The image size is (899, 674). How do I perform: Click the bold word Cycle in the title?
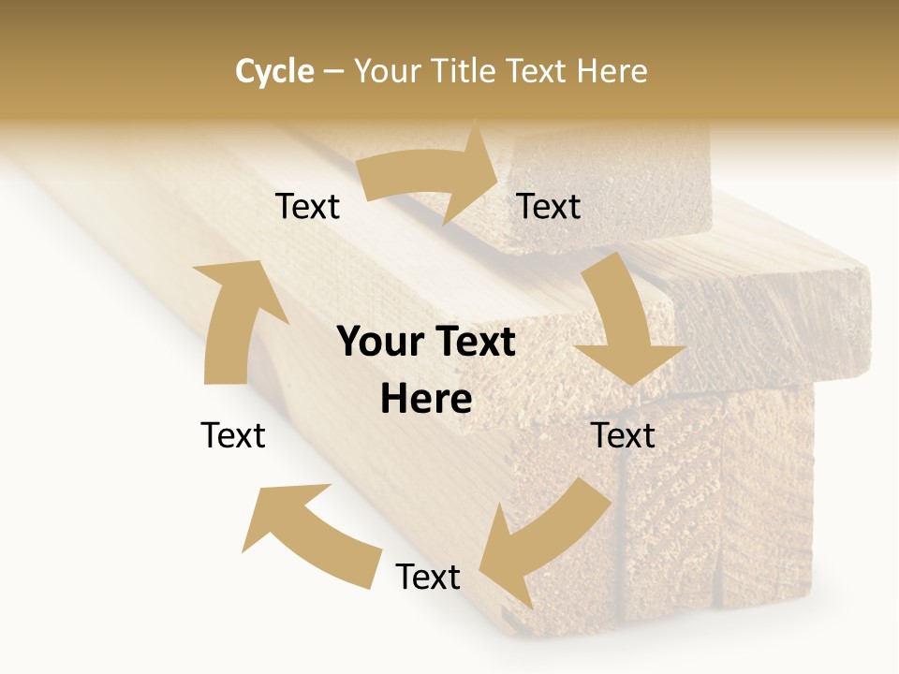(274, 71)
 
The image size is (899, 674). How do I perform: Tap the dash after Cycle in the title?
(333, 71)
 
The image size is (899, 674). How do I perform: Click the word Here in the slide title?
(613, 71)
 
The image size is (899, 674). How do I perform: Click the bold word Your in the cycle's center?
(380, 342)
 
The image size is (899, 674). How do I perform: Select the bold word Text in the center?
(474, 342)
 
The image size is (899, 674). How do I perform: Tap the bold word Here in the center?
(426, 399)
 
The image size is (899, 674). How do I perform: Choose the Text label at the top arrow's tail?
(307, 207)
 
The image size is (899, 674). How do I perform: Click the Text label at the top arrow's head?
(549, 207)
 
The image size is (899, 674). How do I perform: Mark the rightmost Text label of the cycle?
(623, 435)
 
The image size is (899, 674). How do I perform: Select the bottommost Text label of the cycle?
(428, 577)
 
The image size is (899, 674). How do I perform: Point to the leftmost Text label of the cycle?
(233, 435)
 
